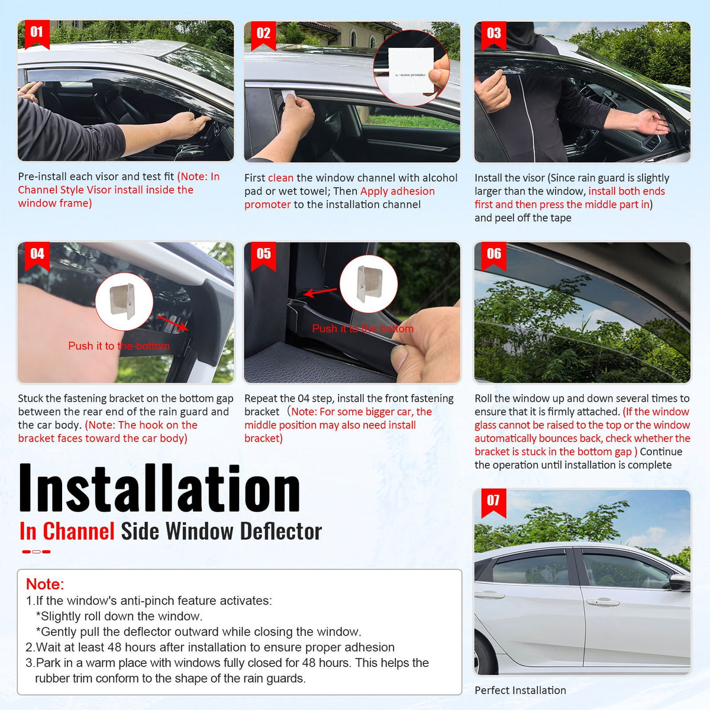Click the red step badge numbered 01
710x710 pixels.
click(37, 33)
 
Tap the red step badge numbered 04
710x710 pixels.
click(37, 254)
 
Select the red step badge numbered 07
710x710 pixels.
click(493, 501)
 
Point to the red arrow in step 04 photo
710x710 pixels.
click(174, 323)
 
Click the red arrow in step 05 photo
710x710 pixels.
click(317, 292)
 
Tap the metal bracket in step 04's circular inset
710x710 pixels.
click(124, 301)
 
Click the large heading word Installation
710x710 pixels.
click(160, 489)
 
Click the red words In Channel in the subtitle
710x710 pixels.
click(67, 531)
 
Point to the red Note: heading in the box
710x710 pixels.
click(45, 584)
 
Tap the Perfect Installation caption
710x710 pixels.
click(520, 690)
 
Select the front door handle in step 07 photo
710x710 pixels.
click(602, 602)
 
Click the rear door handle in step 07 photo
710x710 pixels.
click(490, 595)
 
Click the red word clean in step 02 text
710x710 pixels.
click(280, 177)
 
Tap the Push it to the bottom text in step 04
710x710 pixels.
click(119, 346)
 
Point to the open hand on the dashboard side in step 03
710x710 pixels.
click(651, 121)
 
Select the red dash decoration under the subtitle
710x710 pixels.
click(36, 551)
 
